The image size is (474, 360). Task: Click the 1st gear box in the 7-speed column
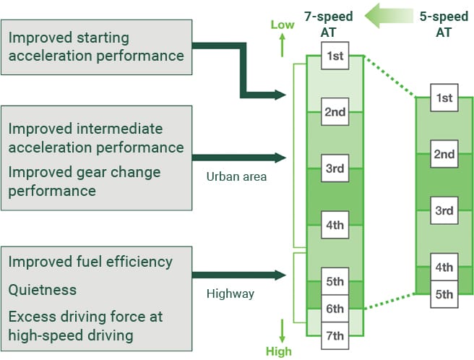pos(335,55)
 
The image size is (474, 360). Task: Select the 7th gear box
pos(335,335)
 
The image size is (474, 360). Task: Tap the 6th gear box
pos(335,308)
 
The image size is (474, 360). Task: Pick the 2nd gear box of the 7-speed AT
pos(335,111)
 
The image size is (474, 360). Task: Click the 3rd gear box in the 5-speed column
pos(444,210)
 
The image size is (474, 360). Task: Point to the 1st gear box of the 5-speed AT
pos(444,98)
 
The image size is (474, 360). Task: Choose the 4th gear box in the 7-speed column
pos(335,224)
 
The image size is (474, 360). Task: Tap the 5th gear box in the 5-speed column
pos(444,294)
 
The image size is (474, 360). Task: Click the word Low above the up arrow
pos(283,25)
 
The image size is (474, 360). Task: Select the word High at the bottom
pos(279,351)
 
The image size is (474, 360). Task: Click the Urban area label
pos(236,176)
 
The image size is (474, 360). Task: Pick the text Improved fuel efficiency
pos(90,261)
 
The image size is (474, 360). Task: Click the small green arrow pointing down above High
pos(283,331)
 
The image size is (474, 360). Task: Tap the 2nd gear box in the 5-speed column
pos(444,154)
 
